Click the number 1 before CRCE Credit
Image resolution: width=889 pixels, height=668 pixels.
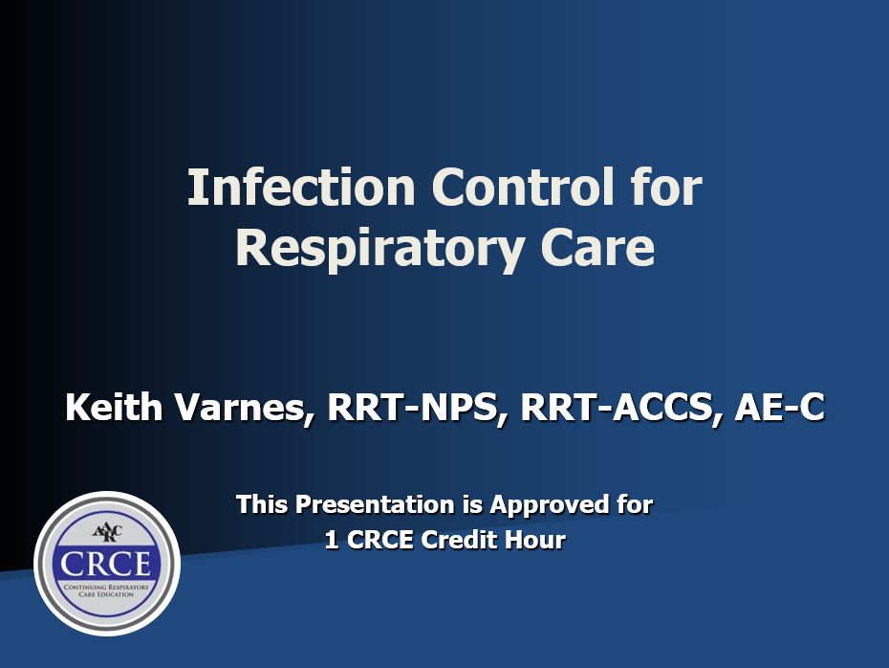point(332,540)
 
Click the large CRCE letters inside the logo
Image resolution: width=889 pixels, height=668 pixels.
point(106,564)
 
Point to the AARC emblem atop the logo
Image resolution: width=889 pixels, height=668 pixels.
point(106,533)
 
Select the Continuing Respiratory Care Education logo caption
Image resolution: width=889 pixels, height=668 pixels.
point(106,590)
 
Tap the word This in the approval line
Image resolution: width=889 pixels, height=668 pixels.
point(262,504)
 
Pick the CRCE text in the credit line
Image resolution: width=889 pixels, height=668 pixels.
point(379,540)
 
